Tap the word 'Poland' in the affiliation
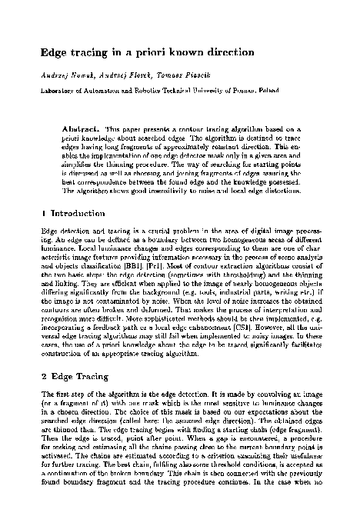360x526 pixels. coord(294,91)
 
